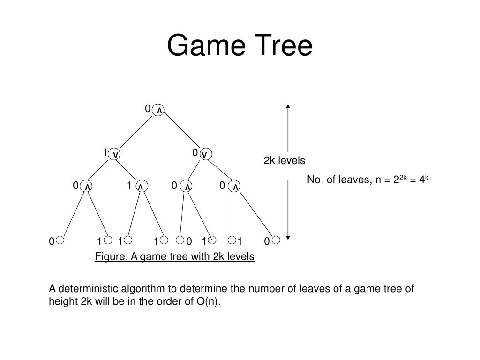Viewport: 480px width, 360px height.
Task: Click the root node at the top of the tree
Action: pos(159,110)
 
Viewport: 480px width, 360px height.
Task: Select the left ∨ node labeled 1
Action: pos(115,154)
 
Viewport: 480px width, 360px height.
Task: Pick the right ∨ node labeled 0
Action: pos(204,154)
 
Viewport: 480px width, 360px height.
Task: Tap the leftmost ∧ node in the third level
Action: pos(87,187)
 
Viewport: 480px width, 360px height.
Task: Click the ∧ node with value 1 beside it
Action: pos(140,187)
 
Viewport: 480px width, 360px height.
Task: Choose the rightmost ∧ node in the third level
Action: pos(235,187)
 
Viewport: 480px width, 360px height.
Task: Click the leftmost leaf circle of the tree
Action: pos(60,240)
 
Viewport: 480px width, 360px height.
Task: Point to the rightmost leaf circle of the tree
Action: pos(276,240)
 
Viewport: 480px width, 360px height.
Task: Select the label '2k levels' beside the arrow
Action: pos(284,161)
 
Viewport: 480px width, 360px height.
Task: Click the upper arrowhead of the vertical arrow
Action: pos(288,106)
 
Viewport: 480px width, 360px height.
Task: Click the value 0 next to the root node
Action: pos(148,109)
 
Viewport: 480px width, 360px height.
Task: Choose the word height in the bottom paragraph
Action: pos(61,301)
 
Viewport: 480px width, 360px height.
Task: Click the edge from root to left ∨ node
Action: pos(137,132)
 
